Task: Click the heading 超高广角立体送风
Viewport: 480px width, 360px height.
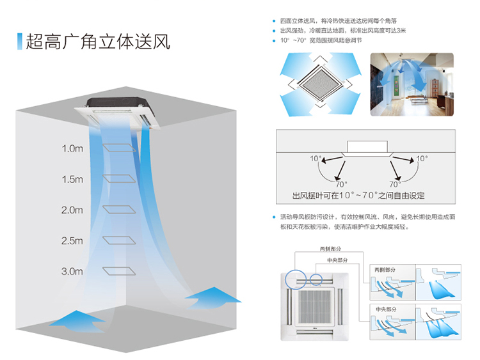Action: (98, 42)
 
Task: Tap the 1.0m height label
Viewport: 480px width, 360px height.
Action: (72, 148)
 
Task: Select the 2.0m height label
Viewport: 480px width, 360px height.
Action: (72, 210)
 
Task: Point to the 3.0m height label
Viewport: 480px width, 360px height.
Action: (72, 271)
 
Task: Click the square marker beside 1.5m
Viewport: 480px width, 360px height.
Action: (119, 178)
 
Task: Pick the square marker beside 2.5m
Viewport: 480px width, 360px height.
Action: (119, 240)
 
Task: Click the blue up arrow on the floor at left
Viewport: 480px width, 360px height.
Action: (77, 321)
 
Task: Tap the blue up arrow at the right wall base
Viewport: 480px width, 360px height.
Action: (212, 297)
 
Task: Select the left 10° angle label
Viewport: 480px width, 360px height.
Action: (316, 159)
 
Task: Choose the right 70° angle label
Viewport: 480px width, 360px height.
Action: (396, 184)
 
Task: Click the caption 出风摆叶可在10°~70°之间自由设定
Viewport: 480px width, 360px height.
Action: (358, 196)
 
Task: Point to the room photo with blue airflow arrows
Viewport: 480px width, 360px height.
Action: (412, 84)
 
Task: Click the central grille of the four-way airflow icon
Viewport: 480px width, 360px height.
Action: (320, 84)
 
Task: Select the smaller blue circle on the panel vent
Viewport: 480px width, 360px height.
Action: (316, 279)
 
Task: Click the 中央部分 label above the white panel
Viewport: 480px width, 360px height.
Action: (337, 260)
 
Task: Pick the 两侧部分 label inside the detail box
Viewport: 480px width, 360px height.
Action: (385, 270)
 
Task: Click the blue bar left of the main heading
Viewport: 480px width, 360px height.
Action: (20, 42)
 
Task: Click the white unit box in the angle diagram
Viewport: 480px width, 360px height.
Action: (367, 147)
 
